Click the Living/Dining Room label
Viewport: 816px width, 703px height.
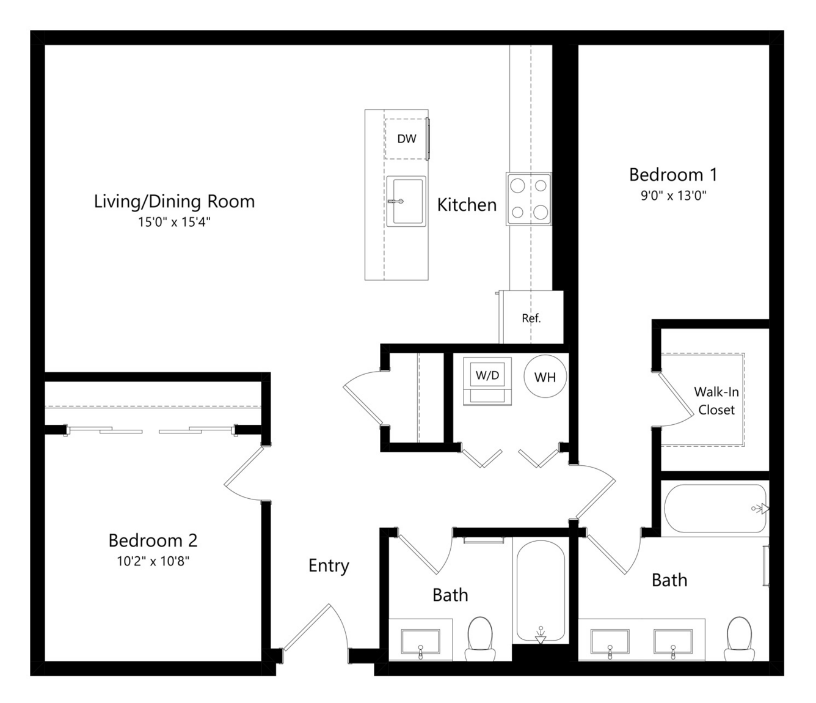click(174, 202)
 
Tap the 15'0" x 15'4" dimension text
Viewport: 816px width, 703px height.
click(174, 222)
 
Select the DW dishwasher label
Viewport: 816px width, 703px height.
click(407, 139)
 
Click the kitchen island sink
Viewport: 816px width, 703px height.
click(406, 202)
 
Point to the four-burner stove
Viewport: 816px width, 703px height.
click(529, 199)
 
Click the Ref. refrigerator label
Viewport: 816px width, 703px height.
click(531, 318)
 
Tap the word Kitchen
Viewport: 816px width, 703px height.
click(467, 205)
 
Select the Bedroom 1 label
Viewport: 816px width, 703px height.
click(673, 175)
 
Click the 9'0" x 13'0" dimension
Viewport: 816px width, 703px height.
click(673, 195)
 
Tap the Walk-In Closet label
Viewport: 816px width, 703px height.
click(716, 400)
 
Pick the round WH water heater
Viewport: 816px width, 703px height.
click(545, 377)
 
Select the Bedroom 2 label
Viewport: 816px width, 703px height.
click(153, 540)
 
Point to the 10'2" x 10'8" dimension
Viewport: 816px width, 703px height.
click(153, 561)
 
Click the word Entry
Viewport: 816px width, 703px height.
click(329, 566)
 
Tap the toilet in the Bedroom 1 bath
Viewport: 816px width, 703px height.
click(740, 639)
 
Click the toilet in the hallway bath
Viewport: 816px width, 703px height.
click(480, 639)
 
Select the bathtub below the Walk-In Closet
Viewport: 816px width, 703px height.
click(715, 509)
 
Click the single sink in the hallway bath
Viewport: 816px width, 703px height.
click(420, 642)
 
